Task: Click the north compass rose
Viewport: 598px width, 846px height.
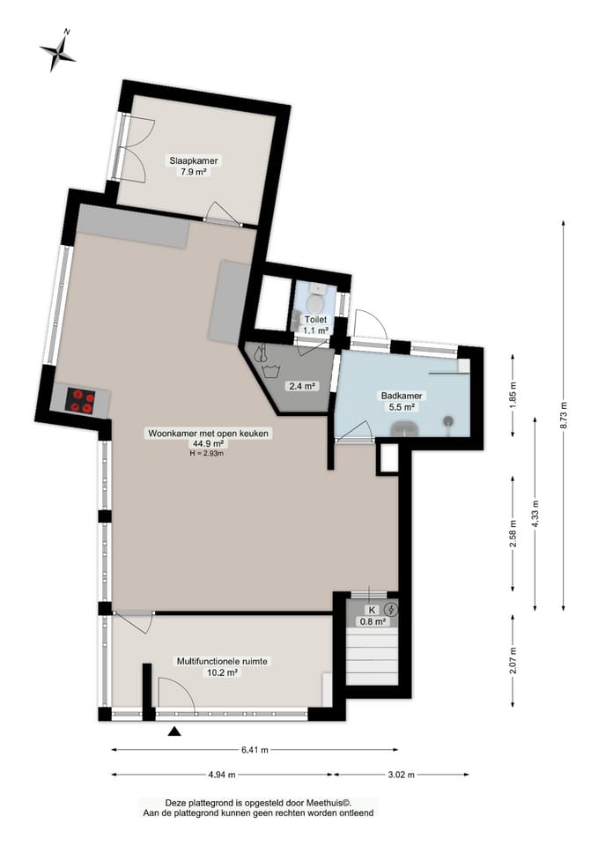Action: (x=57, y=51)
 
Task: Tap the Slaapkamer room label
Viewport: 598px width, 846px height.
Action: (x=194, y=160)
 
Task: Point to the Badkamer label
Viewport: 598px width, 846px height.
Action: (x=402, y=396)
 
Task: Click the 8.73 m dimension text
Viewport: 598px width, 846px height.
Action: (x=564, y=415)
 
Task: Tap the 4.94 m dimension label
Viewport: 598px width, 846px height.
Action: (x=222, y=775)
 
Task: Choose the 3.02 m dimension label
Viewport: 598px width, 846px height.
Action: (x=401, y=775)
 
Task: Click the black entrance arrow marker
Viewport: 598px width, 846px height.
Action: (x=173, y=731)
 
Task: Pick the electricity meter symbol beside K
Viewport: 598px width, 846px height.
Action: (x=391, y=610)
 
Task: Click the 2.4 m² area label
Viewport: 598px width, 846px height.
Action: (x=301, y=386)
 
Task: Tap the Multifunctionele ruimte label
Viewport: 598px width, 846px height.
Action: (x=222, y=662)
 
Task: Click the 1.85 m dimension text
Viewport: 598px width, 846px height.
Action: (x=513, y=396)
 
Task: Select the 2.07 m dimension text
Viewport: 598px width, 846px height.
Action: (x=513, y=660)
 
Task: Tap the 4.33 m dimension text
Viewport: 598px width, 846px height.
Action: (x=535, y=515)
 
